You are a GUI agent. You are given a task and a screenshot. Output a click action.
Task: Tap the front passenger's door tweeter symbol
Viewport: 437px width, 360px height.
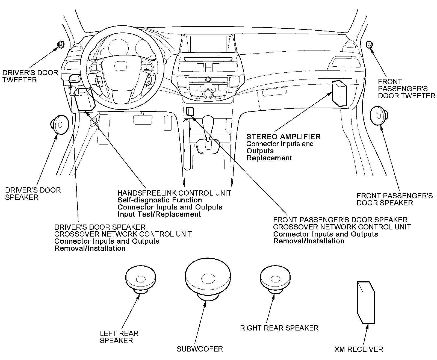(370, 45)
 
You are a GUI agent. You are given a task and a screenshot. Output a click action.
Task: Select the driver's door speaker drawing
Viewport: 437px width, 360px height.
(60, 125)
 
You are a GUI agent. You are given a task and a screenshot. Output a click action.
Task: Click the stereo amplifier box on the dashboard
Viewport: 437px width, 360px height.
(339, 94)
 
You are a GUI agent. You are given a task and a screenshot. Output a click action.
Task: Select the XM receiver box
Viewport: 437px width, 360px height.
(366, 302)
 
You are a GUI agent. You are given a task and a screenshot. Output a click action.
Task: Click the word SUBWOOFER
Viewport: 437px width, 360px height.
(200, 349)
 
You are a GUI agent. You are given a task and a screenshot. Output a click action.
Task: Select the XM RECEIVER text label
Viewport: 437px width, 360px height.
(359, 349)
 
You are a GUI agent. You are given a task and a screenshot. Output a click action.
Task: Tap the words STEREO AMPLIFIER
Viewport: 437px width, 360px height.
(283, 136)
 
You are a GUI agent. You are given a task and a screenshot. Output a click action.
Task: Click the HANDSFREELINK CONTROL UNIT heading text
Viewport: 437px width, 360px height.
(174, 193)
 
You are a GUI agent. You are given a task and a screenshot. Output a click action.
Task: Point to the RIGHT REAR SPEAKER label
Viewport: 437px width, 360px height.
(279, 328)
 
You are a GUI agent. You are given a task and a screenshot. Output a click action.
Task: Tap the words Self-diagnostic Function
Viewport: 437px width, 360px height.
(160, 200)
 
